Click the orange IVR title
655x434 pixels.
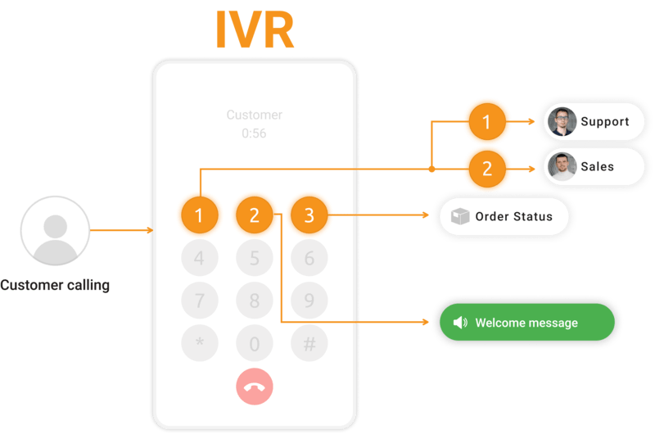click(254, 29)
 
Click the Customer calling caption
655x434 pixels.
click(55, 286)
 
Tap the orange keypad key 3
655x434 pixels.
click(309, 216)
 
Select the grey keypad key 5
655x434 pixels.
click(254, 259)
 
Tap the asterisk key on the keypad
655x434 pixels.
click(199, 344)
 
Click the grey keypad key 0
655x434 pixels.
click(254, 344)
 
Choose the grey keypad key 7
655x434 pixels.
click(199, 301)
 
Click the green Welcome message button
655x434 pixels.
click(526, 323)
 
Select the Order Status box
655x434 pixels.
click(504, 217)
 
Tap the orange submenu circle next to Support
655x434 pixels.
click(487, 123)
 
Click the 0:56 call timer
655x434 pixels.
click(254, 133)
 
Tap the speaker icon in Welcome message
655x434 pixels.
click(459, 323)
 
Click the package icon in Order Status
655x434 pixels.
click(460, 217)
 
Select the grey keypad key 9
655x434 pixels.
click(309, 301)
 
